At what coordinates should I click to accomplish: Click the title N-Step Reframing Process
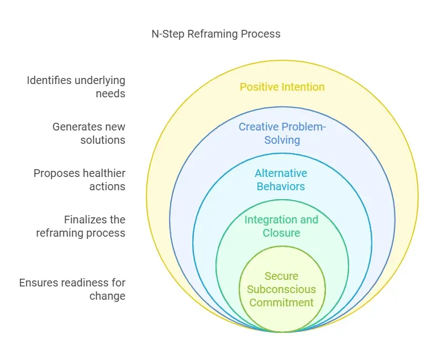tap(216, 34)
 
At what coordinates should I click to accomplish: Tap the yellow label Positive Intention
tap(282, 87)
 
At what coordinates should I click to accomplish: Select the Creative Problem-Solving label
tap(282, 133)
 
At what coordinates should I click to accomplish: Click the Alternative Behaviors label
tap(282, 180)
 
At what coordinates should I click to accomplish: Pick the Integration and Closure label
tap(282, 226)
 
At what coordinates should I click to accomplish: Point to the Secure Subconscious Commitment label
tap(282, 289)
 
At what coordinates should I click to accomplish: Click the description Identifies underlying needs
tap(76, 87)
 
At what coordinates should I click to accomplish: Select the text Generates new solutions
tap(89, 133)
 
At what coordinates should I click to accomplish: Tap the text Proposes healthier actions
tap(80, 180)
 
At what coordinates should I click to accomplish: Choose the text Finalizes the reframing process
tap(81, 226)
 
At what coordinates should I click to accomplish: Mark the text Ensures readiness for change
tap(72, 289)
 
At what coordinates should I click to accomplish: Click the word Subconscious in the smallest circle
tap(282, 289)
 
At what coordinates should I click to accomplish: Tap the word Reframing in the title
tap(208, 34)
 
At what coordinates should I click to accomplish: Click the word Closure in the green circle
tap(282, 233)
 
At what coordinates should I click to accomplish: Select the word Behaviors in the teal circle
tap(282, 186)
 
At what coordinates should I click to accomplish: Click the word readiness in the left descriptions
tap(83, 283)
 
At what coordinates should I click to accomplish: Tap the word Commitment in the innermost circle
tap(282, 302)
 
